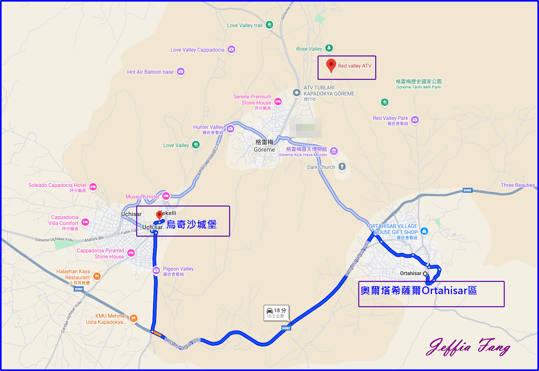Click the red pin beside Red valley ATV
click(331, 65)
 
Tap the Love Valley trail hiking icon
click(269, 25)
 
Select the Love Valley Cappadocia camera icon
click(231, 49)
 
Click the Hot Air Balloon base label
click(150, 72)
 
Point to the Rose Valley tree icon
click(329, 48)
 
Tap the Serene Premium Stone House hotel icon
click(278, 102)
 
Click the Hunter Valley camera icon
click(230, 129)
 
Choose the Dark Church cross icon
click(342, 166)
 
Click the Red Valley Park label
click(390, 118)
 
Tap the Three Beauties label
click(518, 185)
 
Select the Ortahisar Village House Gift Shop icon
click(424, 231)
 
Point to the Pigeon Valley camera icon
click(156, 271)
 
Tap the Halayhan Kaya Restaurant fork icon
click(97, 276)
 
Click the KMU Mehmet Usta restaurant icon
click(134, 318)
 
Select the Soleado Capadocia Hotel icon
click(93, 187)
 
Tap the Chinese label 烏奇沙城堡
click(191, 224)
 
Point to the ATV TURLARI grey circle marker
click(297, 93)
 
